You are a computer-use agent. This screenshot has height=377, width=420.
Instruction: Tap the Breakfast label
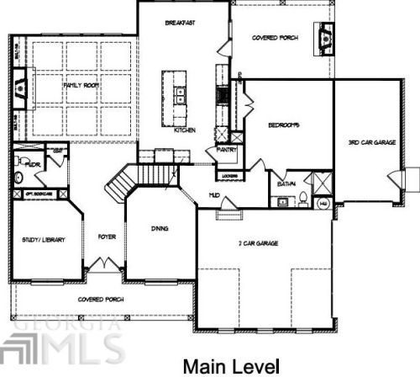point(181,23)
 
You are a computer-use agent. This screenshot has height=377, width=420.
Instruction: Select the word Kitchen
point(185,130)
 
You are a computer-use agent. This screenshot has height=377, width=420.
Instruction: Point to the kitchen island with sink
point(179,93)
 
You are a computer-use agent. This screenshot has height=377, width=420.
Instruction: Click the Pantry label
point(227,149)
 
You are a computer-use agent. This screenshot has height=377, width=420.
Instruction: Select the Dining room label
point(159,227)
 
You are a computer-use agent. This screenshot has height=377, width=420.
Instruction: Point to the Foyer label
point(106,237)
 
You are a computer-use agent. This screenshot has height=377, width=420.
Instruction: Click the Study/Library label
point(44,240)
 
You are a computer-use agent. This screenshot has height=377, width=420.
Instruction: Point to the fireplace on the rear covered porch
point(323,36)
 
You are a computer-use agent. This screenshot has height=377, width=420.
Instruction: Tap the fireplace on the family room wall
point(20,85)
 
